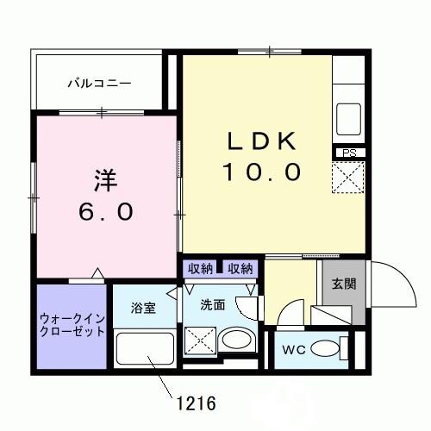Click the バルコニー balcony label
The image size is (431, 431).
100,84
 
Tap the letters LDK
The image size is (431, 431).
262,141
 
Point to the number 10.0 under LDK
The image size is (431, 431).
262,172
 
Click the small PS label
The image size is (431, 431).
349,153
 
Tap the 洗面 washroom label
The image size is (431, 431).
213,303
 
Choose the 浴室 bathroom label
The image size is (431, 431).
143,308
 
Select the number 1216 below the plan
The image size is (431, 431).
196,403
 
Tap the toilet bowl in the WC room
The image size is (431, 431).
325,349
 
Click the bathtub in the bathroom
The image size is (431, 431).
144,351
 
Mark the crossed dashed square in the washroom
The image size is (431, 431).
200,341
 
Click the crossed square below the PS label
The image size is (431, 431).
350,180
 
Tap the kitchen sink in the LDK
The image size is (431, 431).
350,114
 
